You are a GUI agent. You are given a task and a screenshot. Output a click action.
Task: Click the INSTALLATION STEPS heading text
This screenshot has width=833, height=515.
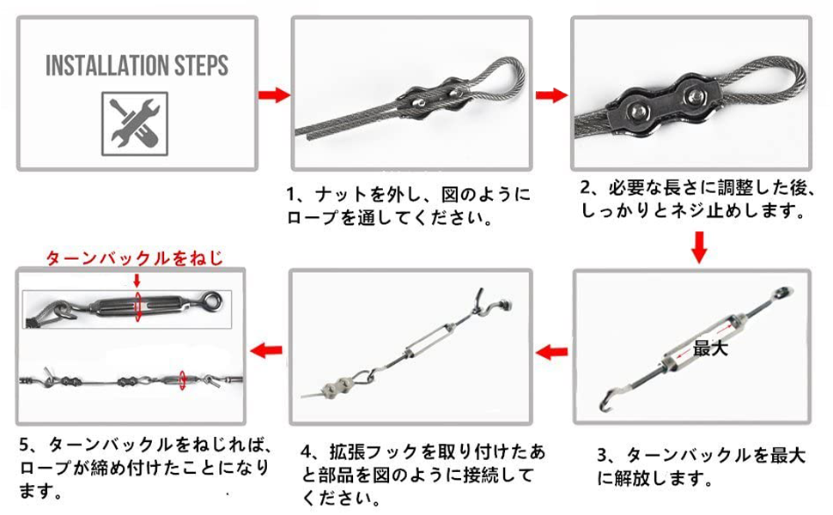tap(137, 66)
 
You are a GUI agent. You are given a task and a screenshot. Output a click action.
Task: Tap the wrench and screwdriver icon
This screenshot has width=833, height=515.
tap(137, 123)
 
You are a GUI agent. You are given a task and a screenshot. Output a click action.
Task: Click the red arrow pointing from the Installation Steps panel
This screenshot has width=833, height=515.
tap(274, 94)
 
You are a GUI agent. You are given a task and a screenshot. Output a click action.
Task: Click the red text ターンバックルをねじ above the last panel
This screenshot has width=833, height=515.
tap(134, 257)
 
